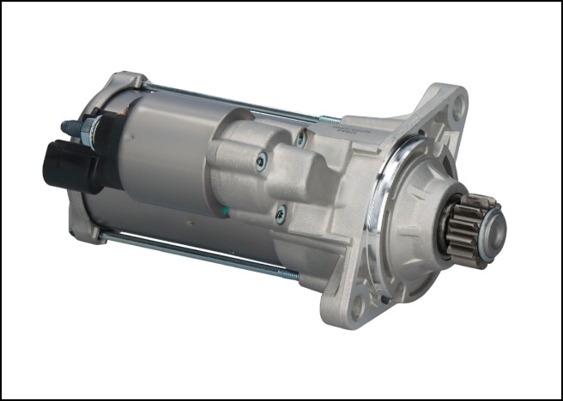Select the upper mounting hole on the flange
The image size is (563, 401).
[457, 108]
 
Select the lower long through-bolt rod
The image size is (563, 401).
[197, 254]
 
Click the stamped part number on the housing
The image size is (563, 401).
[348, 129]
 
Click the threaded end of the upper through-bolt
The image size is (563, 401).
[327, 119]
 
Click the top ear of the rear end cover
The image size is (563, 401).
[129, 81]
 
